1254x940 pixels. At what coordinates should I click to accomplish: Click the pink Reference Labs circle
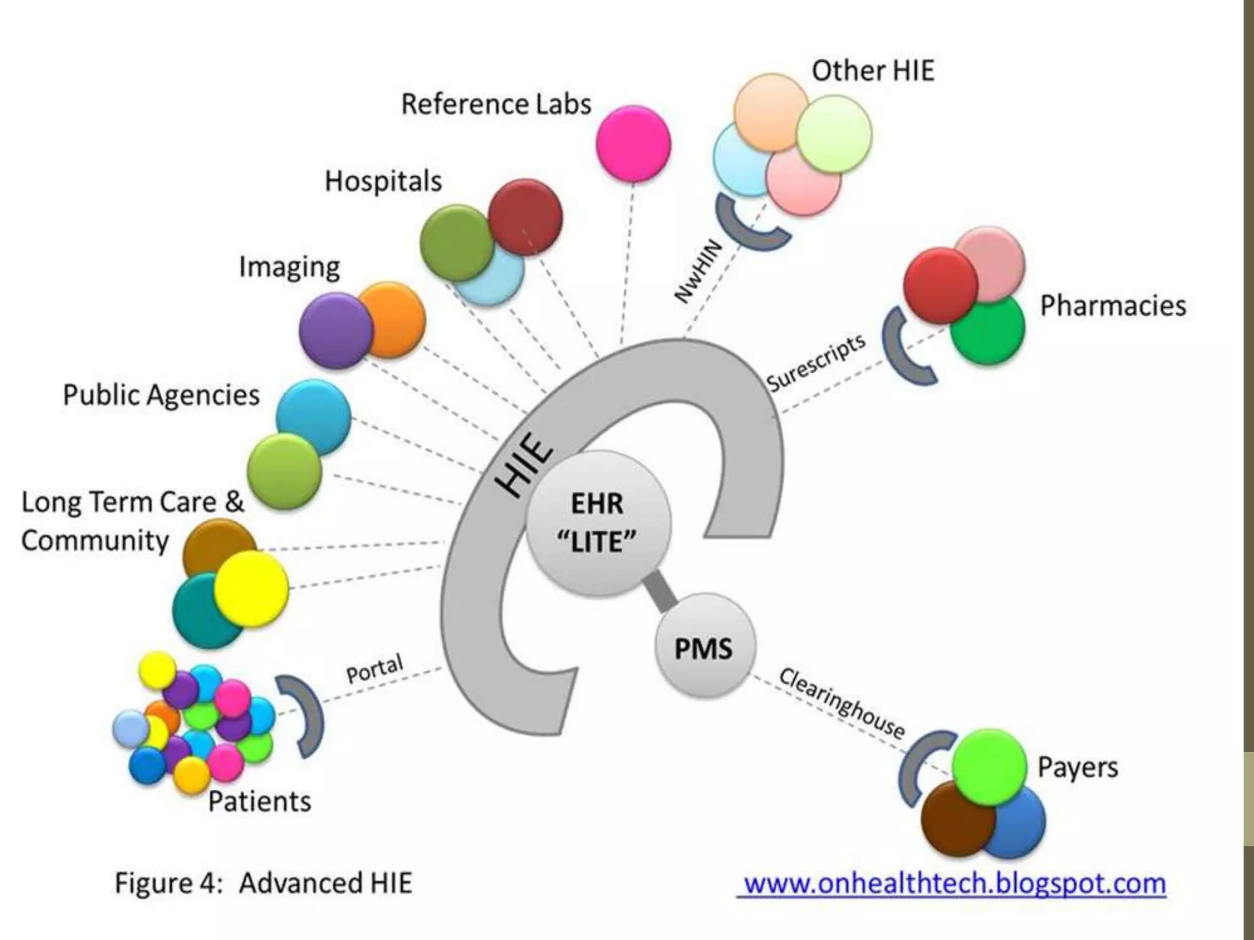(x=633, y=143)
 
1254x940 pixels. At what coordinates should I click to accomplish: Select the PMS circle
(x=704, y=648)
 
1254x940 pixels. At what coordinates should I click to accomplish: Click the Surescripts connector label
(x=816, y=362)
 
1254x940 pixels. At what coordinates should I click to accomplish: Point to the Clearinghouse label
(x=841, y=704)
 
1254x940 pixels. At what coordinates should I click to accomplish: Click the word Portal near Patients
(x=375, y=668)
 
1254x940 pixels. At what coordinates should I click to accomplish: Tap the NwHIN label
(x=698, y=272)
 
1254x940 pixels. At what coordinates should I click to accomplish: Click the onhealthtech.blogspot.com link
(x=954, y=884)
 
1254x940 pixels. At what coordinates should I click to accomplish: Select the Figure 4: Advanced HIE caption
(x=263, y=883)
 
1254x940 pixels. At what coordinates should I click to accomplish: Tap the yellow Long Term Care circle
(x=251, y=588)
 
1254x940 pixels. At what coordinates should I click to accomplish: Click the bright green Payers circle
(x=989, y=766)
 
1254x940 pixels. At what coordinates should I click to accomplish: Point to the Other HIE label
(x=873, y=71)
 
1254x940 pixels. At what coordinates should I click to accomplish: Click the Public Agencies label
(x=161, y=395)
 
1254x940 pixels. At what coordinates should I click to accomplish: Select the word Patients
(x=259, y=801)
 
